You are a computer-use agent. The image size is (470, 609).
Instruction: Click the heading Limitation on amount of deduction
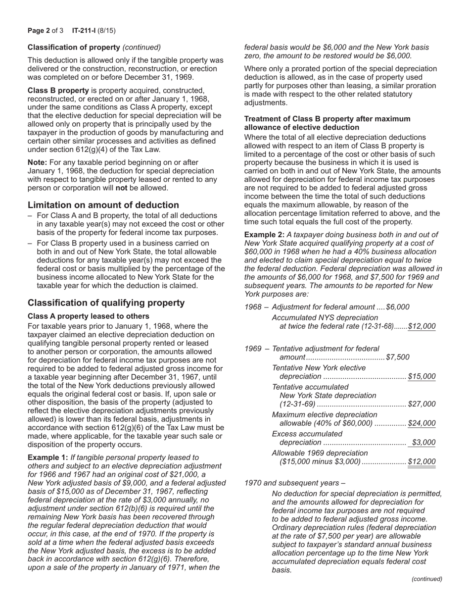coord(103,205)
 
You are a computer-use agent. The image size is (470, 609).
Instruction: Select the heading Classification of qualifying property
coord(106,303)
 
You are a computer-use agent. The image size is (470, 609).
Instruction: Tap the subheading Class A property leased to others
coord(89,316)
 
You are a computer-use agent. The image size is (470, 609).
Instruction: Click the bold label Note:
coord(38,162)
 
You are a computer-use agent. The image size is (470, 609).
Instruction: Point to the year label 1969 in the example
coord(253,349)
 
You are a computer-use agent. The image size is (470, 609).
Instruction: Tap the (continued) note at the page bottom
coord(427,579)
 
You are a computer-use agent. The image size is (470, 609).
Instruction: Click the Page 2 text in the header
coord(39,31)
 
